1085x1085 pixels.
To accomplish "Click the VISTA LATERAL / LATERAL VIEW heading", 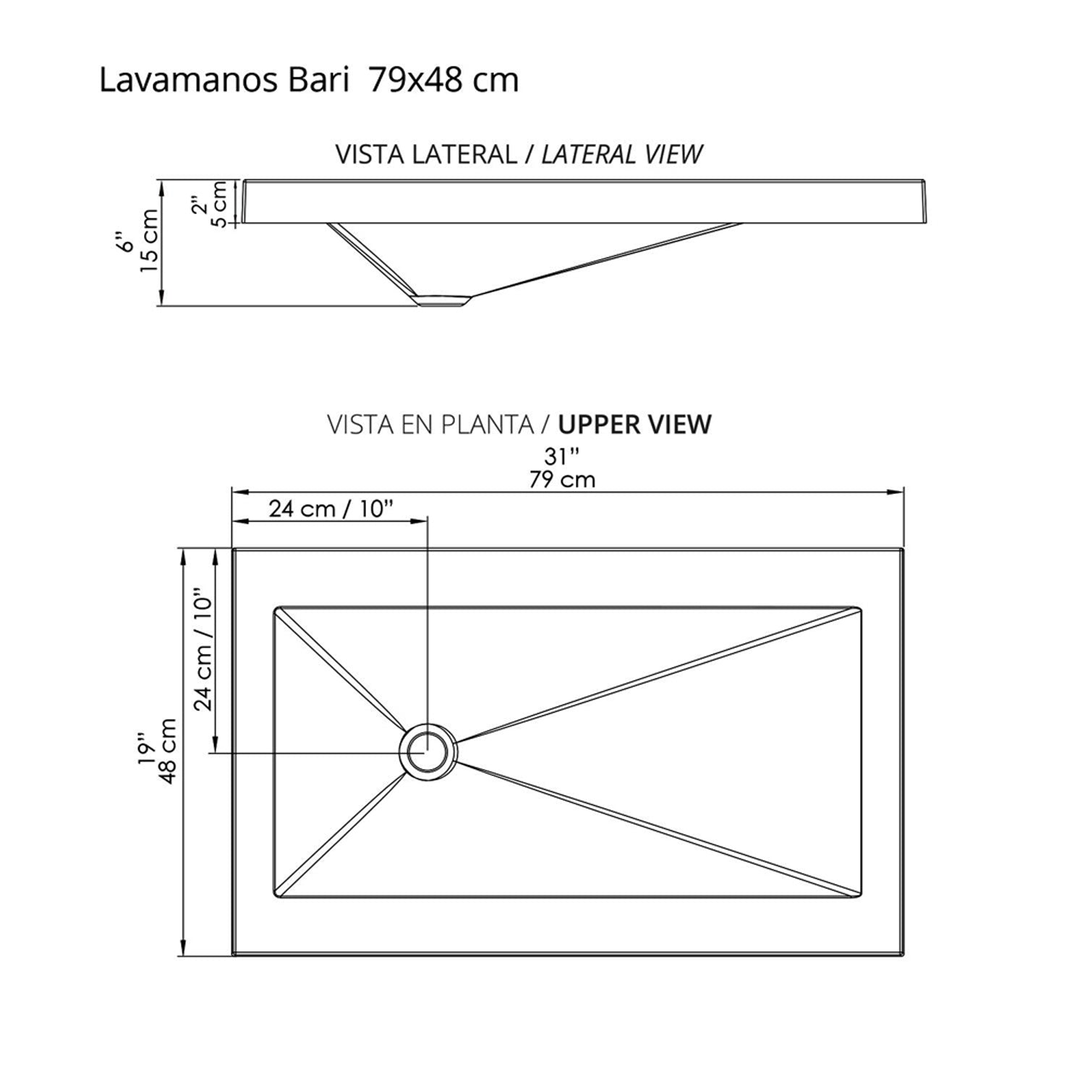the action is point(519,154).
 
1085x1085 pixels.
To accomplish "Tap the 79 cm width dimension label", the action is point(562,479).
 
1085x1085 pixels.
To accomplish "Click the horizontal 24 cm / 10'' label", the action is point(331,509).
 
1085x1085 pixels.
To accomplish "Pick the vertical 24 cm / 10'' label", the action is point(203,653).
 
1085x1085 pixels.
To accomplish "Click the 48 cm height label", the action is point(167,750).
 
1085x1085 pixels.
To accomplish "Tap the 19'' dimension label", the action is point(147,750).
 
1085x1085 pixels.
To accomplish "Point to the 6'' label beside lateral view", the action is point(127,242).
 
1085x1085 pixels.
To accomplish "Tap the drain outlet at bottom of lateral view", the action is point(443,299).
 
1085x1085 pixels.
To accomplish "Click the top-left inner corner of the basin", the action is point(276,608).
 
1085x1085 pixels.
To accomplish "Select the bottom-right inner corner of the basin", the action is point(860,898).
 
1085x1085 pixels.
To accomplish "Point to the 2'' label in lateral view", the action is point(200,205).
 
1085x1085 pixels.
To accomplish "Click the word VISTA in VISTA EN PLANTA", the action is point(358,425).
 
